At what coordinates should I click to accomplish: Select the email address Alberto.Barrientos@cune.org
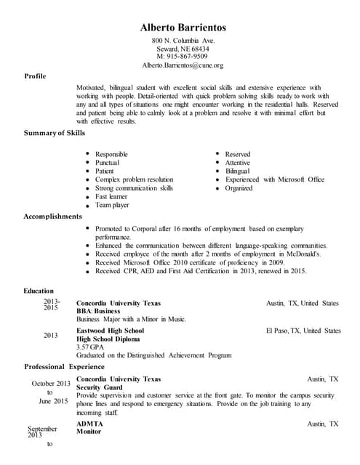(x=183, y=65)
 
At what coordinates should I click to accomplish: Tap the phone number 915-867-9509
(x=183, y=57)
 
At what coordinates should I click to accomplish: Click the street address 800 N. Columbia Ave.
(x=183, y=40)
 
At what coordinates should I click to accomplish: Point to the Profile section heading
(x=36, y=76)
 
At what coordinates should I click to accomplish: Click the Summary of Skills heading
(x=55, y=133)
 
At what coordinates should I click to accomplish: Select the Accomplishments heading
(x=53, y=216)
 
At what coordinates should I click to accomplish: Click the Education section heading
(x=39, y=291)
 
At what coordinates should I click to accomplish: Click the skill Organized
(x=239, y=187)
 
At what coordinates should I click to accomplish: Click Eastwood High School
(x=111, y=331)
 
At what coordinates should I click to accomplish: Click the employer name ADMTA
(x=89, y=423)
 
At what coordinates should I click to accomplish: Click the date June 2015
(x=53, y=401)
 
